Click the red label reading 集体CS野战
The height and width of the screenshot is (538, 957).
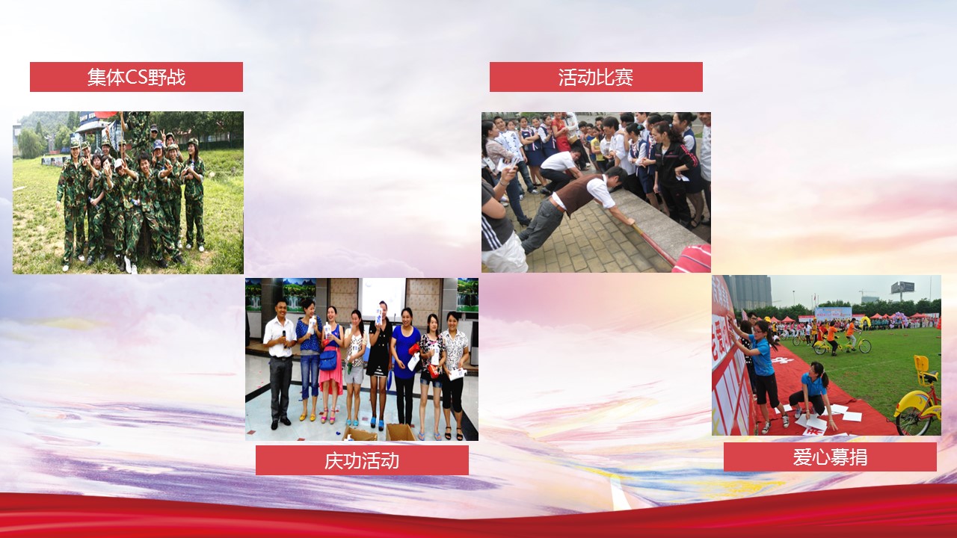pos(136,77)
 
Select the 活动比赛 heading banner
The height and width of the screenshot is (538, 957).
pos(596,77)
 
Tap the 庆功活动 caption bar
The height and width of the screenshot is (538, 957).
pos(362,460)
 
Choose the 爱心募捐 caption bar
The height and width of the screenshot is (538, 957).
pos(830,457)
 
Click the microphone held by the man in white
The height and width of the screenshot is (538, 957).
pos(283,336)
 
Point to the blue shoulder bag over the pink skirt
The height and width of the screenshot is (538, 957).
pos(328,360)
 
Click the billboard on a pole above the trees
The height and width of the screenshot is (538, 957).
pos(902,288)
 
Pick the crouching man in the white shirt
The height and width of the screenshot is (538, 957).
pos(558,171)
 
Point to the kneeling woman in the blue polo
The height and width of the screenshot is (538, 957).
pos(810,392)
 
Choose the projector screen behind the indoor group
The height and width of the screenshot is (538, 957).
pos(381,298)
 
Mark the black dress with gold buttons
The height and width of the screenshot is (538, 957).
pos(380,348)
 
